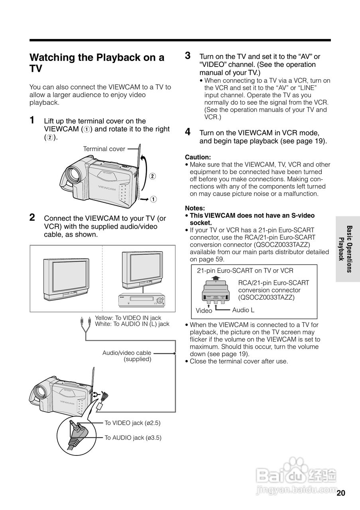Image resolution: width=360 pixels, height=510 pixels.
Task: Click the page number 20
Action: pos(340,493)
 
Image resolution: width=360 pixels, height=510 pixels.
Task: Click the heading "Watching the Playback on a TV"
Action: pos(96,63)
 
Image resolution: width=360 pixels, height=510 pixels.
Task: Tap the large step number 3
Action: pos(188,56)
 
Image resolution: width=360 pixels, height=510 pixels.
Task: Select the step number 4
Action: pos(188,132)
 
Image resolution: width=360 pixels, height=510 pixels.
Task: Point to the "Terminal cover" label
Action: pos(104,149)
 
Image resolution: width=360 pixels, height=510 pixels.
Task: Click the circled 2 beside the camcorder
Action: pos(152,176)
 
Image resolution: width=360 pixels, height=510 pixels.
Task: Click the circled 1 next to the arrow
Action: pos(153,199)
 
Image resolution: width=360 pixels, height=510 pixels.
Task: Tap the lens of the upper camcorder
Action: pos(73,174)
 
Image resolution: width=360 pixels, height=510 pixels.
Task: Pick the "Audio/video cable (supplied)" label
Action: pos(127,356)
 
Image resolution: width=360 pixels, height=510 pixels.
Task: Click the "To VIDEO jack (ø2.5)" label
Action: pos(132,423)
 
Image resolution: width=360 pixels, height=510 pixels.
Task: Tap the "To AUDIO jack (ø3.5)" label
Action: pos(133,437)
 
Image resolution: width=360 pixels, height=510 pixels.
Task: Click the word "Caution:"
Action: pos(198,157)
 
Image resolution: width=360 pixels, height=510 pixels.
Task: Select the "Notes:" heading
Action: pos(195,208)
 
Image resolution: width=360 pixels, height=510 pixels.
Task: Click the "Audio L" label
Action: pos(243,310)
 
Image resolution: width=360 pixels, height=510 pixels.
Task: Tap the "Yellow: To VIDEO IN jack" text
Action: pos(128,318)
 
